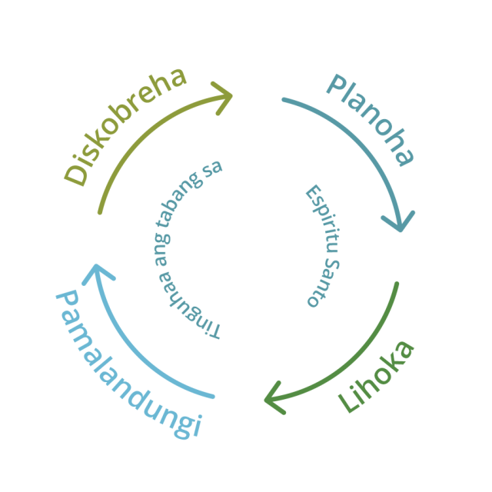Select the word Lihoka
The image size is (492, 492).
pos(377,376)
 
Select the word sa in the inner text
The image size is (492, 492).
pos(209,171)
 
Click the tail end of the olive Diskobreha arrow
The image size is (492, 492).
pos(100,212)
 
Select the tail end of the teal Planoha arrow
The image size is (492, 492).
pos(284,99)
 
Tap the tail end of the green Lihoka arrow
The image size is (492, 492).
pos(397,284)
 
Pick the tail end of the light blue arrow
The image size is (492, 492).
pos(212,397)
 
